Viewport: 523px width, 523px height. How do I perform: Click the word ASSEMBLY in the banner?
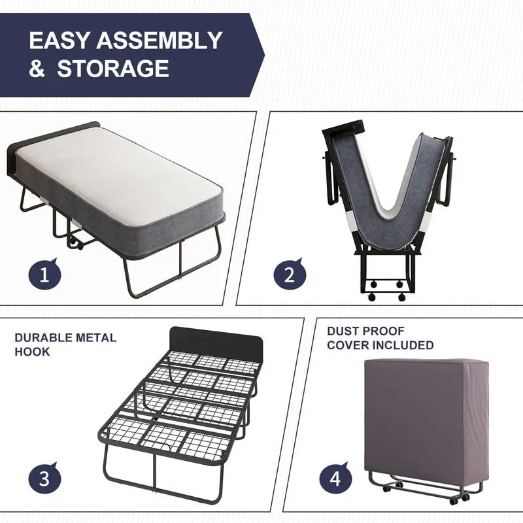(x=160, y=41)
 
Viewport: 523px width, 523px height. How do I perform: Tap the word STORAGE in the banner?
(x=113, y=69)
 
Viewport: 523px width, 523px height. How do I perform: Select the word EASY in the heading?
(x=59, y=41)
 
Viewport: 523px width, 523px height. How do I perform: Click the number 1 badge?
(x=44, y=274)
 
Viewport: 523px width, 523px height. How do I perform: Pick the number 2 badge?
(x=289, y=274)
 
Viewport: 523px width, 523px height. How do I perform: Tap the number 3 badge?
(x=44, y=478)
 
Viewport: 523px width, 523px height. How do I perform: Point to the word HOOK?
(x=32, y=352)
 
